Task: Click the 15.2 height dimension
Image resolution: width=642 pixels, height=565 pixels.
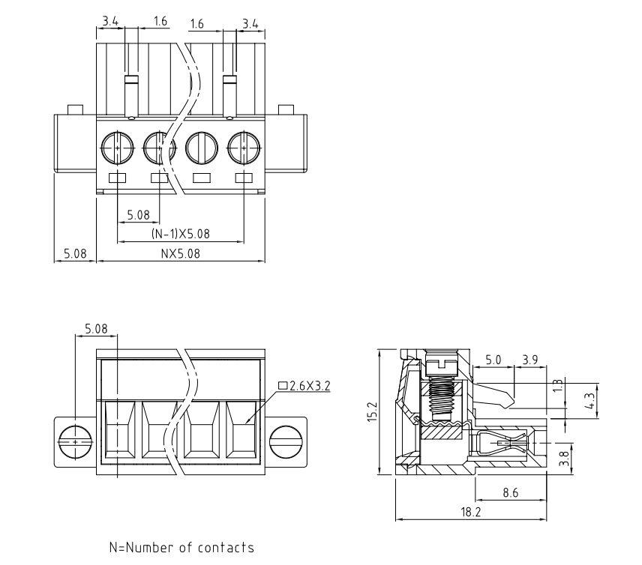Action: click(371, 411)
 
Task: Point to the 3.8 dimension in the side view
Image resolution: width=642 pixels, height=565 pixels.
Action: click(566, 454)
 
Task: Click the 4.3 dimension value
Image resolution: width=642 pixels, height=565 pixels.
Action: click(592, 402)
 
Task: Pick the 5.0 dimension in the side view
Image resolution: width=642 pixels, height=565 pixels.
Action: click(493, 360)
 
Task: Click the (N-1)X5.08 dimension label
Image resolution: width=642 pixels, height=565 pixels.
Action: click(181, 234)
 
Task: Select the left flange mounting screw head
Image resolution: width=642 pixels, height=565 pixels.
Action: click(74, 442)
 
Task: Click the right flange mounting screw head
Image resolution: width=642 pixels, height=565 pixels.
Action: click(286, 442)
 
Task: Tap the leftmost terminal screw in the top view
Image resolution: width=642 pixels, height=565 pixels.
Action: click(118, 146)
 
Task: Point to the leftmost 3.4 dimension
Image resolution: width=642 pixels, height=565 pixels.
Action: click(109, 23)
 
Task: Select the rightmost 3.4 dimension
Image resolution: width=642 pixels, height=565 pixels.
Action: click(250, 23)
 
